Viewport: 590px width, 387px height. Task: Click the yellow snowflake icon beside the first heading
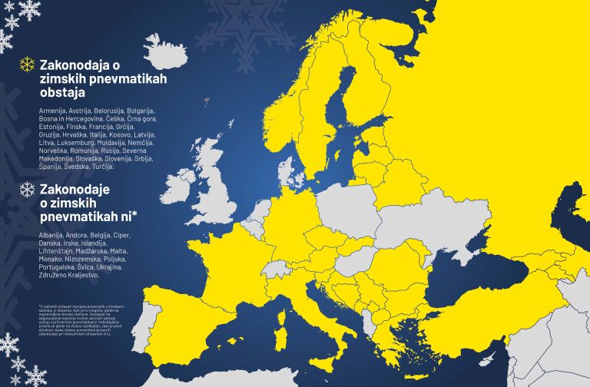[x=27, y=64]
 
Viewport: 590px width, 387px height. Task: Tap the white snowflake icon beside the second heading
[x=27, y=189]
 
